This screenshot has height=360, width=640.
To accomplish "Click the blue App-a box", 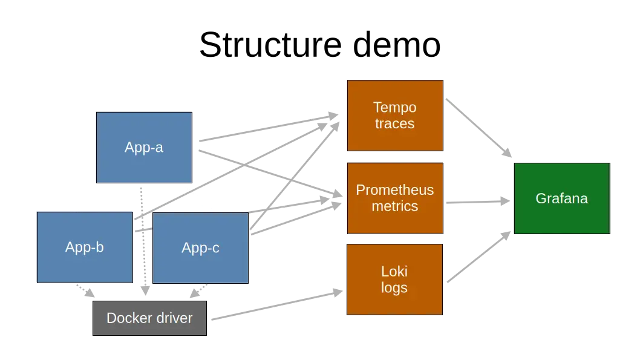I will click(144, 147).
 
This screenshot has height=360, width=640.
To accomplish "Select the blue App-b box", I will click(85, 247).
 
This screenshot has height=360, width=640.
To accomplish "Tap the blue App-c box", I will click(200, 247).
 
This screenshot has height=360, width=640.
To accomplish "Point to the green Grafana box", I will click(561, 198).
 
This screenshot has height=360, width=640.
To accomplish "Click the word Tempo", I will click(394, 107).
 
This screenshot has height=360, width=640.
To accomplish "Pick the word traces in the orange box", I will click(394, 123).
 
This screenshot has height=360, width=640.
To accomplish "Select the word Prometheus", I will click(394, 190).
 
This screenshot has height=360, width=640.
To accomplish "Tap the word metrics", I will click(394, 206).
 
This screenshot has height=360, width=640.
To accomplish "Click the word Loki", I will click(394, 272).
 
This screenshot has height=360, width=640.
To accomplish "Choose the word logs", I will click(394, 287).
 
